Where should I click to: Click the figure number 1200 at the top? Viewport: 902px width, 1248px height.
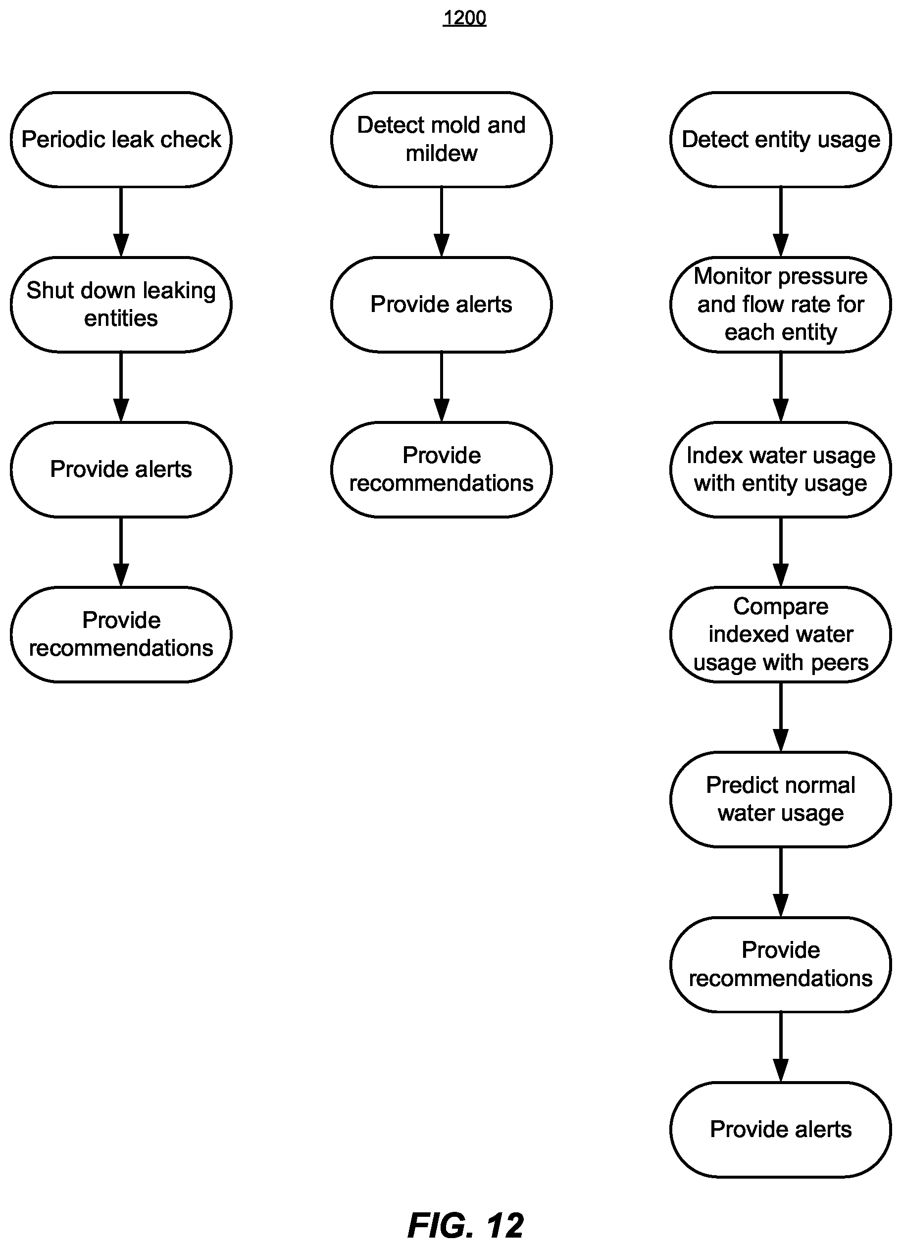point(464,18)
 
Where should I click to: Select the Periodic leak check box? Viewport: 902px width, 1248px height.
point(121,140)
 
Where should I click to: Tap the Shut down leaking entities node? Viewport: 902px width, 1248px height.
point(121,304)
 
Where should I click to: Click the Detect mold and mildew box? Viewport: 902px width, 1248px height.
point(441,140)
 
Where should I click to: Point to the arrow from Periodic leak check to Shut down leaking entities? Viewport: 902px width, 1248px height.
point(121,222)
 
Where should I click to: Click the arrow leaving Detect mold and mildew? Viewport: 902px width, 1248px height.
point(441,222)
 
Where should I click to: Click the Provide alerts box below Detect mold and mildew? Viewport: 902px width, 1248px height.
point(441,304)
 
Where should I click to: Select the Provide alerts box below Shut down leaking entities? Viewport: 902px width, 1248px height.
point(121,469)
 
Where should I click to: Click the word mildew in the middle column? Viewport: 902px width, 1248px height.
point(441,154)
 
